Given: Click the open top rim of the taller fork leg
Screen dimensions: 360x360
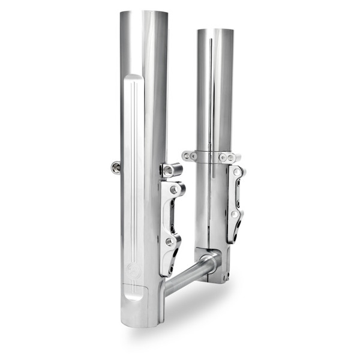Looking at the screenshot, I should (143, 13).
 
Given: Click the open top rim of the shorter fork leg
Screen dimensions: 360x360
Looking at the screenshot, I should (215, 30).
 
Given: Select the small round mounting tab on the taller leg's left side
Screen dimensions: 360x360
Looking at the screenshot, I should (115, 167).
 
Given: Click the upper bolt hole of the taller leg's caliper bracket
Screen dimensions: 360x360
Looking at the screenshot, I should (174, 190).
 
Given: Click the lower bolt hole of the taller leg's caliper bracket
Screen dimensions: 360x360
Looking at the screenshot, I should (170, 242).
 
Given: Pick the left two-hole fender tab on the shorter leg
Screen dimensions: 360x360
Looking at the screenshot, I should (190, 156).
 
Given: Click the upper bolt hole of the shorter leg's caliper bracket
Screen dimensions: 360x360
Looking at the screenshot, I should (238, 172).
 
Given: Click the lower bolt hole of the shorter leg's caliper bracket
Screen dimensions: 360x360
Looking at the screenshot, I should (235, 214).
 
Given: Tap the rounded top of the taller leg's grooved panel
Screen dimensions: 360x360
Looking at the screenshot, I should (133, 79).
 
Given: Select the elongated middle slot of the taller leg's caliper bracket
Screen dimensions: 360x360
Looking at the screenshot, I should (172, 215).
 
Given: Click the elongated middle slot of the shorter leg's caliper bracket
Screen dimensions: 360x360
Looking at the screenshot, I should (236, 193).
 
